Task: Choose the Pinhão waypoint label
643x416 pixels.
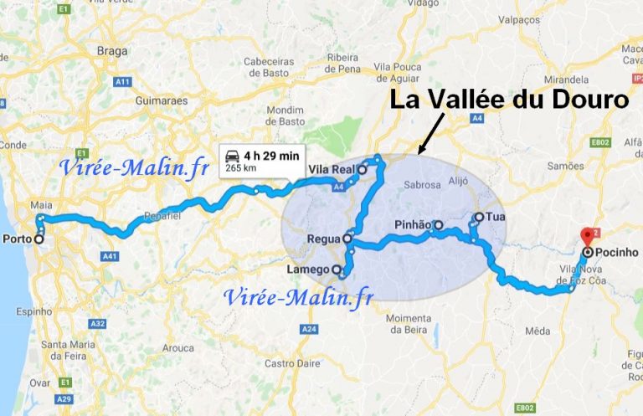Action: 412,225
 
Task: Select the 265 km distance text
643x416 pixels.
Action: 239,167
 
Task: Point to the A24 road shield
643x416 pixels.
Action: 309,329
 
